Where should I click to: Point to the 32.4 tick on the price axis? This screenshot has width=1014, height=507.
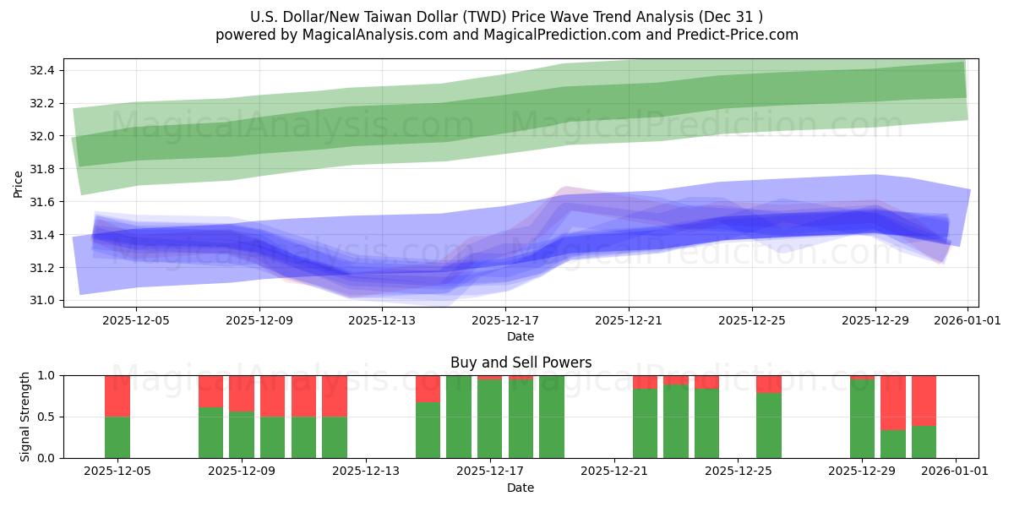point(43,70)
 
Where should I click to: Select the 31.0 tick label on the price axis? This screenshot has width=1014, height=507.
point(43,301)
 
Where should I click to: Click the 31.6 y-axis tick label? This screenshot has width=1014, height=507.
point(43,202)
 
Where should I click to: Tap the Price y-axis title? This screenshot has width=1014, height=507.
point(19,183)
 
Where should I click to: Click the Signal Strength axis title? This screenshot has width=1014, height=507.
point(25,417)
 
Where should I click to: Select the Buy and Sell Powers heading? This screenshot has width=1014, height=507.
point(521,363)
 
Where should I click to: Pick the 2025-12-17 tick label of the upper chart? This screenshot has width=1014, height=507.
point(504,321)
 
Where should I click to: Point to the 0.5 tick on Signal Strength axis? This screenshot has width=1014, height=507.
point(46,417)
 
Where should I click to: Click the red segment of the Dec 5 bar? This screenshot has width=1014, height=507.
point(117,395)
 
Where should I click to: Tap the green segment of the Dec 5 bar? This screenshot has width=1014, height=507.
point(117,438)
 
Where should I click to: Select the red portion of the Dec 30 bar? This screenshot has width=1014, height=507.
point(893,402)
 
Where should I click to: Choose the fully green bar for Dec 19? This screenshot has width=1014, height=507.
point(551,417)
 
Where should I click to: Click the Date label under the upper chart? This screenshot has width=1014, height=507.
point(521,336)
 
